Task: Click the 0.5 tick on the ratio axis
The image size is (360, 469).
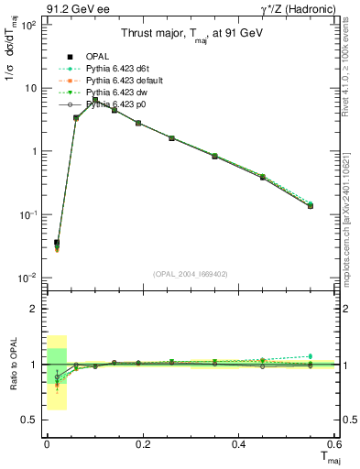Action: [x=29, y=420]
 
